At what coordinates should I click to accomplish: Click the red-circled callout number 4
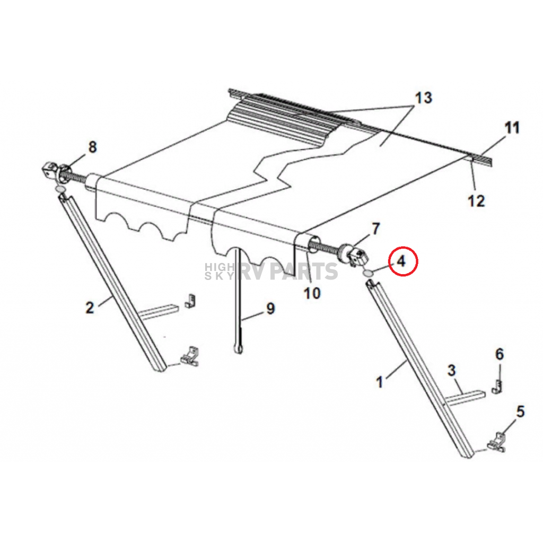401,261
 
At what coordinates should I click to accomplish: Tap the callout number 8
92,147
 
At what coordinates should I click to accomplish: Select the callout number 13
423,98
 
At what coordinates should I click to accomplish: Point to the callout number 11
512,128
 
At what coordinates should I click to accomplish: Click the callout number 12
476,201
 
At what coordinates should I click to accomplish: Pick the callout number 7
375,229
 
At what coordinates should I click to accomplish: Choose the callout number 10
312,292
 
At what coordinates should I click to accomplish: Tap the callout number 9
270,308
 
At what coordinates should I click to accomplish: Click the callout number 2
90,306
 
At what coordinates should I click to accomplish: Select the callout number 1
379,382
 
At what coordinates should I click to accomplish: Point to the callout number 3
451,371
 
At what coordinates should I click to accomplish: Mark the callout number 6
499,354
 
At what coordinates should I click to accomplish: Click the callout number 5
520,411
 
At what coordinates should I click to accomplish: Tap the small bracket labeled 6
497,386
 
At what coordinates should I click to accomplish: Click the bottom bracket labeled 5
497,443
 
